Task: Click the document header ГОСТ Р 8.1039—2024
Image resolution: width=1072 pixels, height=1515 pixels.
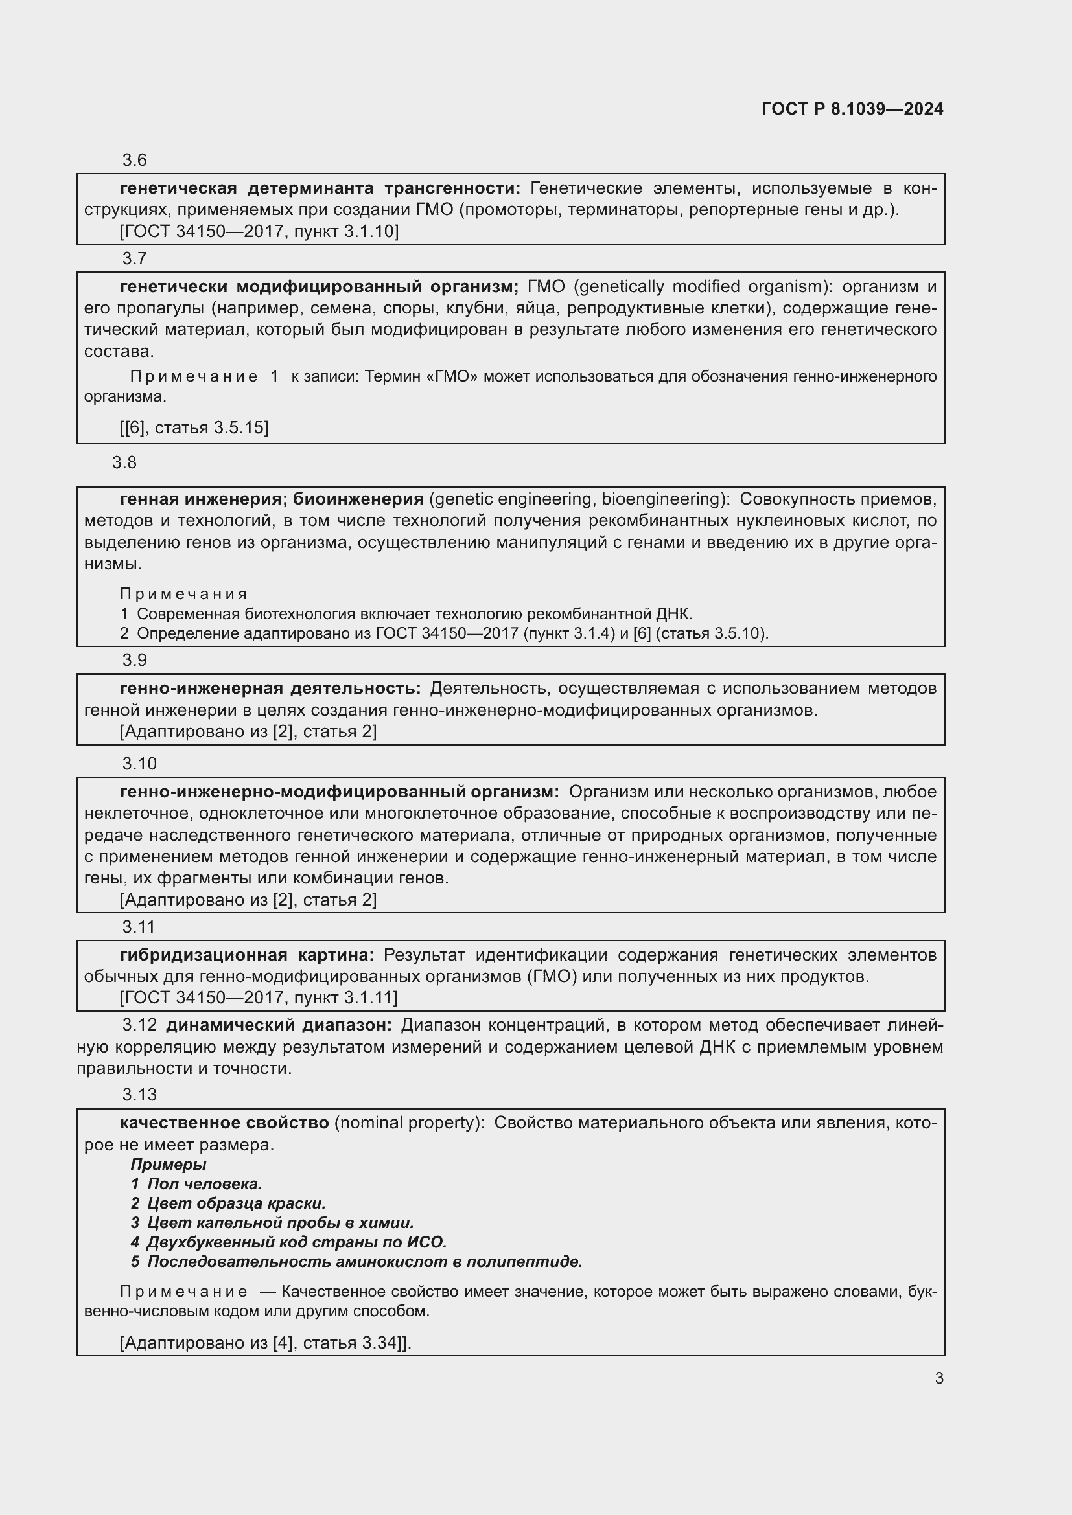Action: pos(852,109)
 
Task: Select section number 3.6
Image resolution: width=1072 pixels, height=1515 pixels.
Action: pos(134,161)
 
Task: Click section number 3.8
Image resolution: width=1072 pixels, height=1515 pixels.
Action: pos(124,462)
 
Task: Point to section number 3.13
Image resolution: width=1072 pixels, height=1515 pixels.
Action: pos(139,1095)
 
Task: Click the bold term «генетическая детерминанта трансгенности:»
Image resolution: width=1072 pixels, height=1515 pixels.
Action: pos(320,188)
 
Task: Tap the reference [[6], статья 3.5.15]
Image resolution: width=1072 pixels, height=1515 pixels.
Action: pos(194,427)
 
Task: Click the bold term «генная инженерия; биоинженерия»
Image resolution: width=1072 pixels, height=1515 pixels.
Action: pos(272,499)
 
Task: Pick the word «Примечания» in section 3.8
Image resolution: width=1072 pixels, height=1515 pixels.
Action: pos(183,594)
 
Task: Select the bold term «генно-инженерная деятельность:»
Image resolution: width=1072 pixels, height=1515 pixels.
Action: pos(270,689)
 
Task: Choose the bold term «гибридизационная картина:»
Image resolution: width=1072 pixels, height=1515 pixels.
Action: pos(247,955)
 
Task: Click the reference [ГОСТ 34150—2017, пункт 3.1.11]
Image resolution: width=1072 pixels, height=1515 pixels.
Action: pos(259,997)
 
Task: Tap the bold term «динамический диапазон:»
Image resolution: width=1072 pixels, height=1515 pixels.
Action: pos(279,1025)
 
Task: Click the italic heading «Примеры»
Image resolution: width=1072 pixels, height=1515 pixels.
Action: pos(169,1165)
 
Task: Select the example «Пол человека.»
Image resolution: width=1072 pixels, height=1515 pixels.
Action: pos(204,1185)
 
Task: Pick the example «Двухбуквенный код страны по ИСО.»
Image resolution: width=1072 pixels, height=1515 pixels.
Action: pos(296,1242)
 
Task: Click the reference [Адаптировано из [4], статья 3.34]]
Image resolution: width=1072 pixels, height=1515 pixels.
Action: pos(265,1343)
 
